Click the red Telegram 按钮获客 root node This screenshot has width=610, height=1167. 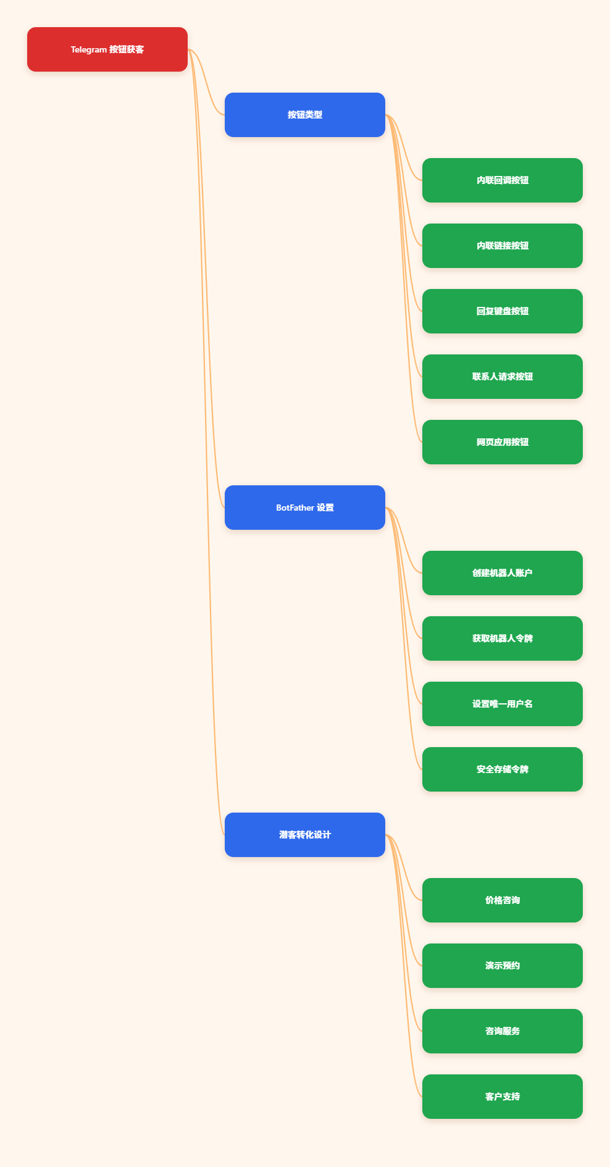[107, 49]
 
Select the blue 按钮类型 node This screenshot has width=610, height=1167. [305, 115]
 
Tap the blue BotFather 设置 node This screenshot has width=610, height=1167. [305, 508]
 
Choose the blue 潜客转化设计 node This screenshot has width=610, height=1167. [305, 835]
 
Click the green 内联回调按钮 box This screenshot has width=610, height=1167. [503, 180]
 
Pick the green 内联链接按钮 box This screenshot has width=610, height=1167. [503, 246]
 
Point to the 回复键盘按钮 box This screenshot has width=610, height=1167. [503, 311]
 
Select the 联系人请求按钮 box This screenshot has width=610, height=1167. [503, 377]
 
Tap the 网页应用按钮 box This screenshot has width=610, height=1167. [503, 442]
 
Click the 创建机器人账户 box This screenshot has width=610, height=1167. [503, 573]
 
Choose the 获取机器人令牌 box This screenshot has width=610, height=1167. [503, 638]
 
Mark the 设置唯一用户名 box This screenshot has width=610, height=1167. [503, 704]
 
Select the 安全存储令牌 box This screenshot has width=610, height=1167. [503, 769]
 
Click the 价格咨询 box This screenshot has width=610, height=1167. [503, 900]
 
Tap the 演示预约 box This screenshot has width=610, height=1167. [503, 966]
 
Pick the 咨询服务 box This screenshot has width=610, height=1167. [503, 1031]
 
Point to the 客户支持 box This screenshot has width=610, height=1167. [503, 1097]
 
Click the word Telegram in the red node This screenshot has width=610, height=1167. [89, 50]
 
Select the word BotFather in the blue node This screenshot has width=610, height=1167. [295, 508]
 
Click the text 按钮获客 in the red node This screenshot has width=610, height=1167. [127, 49]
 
